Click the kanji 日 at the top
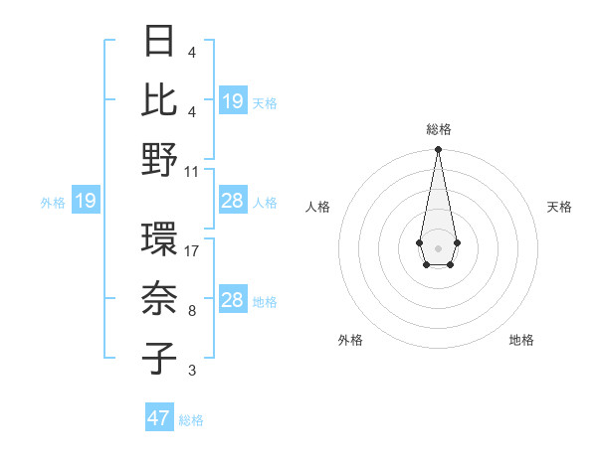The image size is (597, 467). (x=160, y=43)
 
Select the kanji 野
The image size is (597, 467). (x=160, y=159)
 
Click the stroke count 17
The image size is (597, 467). (x=192, y=252)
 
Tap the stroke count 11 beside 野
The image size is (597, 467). (x=192, y=170)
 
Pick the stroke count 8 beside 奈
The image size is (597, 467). (x=192, y=311)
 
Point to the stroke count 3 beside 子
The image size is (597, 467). (x=192, y=371)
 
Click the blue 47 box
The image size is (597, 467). (x=159, y=418)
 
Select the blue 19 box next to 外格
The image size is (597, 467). (x=85, y=202)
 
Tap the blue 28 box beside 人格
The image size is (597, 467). (x=232, y=202)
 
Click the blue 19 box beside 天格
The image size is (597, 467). (x=232, y=101)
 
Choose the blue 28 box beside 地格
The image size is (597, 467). (x=232, y=300)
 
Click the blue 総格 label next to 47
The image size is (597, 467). (x=191, y=419)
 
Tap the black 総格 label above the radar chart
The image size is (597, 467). (x=439, y=129)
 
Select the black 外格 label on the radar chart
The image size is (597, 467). (x=350, y=340)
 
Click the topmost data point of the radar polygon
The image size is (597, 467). (x=438, y=150)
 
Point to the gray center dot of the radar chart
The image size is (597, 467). (x=438, y=247)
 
